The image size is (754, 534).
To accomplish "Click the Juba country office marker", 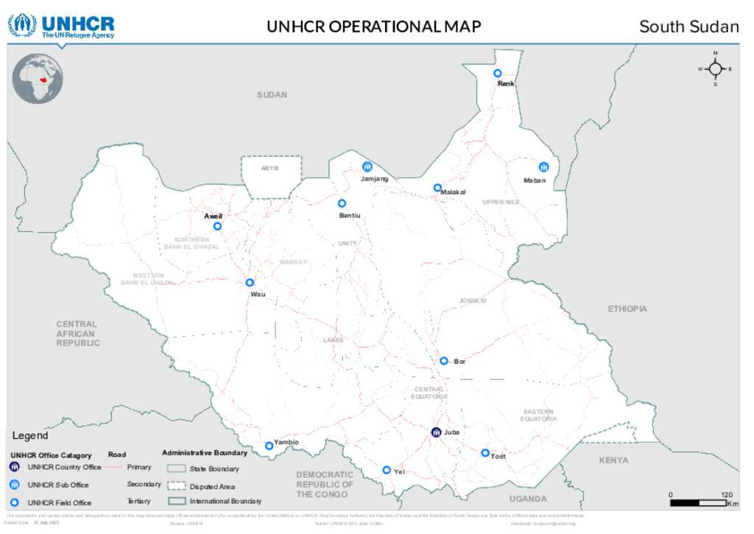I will click(436, 432).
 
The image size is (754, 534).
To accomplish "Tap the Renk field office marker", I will click(498, 73).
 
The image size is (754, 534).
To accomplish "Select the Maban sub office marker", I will click(543, 167).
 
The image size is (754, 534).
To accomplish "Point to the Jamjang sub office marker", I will click(367, 166).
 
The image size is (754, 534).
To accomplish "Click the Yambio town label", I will click(286, 442).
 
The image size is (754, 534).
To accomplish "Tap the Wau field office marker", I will click(250, 282).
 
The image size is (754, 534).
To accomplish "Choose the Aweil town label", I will click(213, 216).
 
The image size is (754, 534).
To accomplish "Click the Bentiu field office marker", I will click(342, 203).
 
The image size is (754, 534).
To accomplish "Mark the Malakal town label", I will click(454, 192).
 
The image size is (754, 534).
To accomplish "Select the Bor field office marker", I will click(444, 361).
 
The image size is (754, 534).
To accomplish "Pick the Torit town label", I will click(498, 457).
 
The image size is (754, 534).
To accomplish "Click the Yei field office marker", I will click(387, 470).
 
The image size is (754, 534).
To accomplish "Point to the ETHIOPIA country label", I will click(627, 309).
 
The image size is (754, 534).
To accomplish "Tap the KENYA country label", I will click(613, 460).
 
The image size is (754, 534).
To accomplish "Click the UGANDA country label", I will click(528, 499).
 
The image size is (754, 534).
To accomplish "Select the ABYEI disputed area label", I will click(270, 169).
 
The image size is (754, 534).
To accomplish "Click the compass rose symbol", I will click(715, 68).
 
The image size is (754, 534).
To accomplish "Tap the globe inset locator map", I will click(38, 78).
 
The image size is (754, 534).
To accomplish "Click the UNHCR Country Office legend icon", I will click(14, 467).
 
